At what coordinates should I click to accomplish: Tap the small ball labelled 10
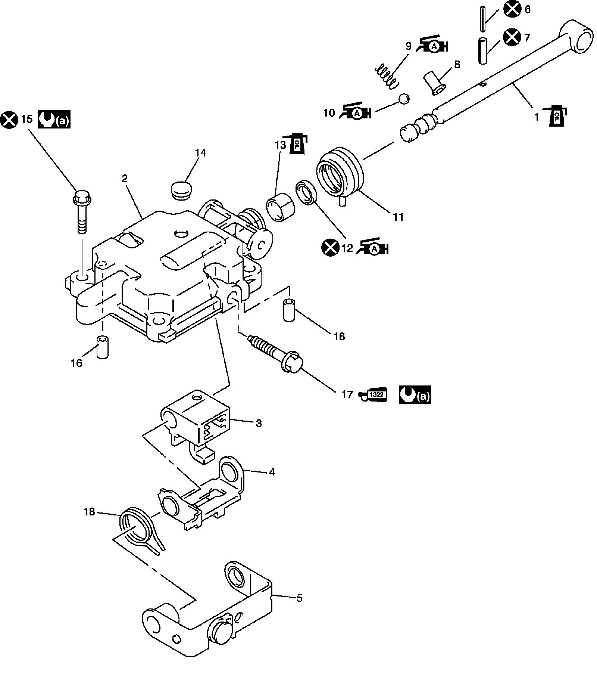[404, 99]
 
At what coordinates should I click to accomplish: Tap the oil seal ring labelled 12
[307, 193]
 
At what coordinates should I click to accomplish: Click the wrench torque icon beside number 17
[415, 395]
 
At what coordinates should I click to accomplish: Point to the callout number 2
[125, 179]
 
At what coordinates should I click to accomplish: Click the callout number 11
[398, 217]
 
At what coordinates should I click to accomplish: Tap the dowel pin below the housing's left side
[102, 347]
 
